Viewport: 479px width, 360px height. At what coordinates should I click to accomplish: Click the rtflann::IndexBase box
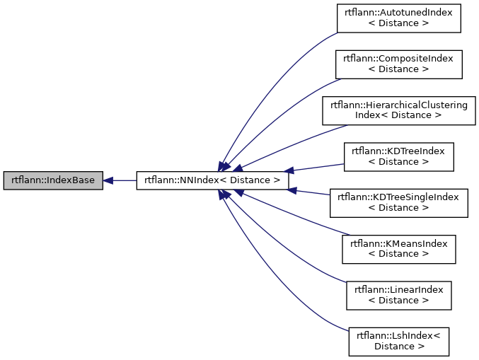point(53,180)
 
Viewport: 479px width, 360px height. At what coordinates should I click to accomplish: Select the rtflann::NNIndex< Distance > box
point(212,180)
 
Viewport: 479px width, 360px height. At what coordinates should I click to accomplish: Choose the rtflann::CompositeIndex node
point(398,64)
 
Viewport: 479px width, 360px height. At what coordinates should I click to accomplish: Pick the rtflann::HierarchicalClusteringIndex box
point(398,110)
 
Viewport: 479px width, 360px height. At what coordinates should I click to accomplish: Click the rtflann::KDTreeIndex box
point(398,156)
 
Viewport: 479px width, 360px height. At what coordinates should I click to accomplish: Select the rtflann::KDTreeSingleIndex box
point(398,202)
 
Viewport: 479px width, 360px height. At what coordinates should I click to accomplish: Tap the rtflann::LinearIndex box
point(398,295)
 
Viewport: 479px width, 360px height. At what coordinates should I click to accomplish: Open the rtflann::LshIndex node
point(398,341)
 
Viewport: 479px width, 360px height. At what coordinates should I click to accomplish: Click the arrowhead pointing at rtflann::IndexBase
point(108,180)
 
